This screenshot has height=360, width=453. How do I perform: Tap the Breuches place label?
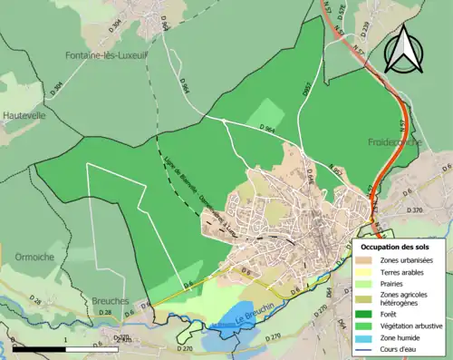[111, 300]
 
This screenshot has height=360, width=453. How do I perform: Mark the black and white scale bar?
[63, 349]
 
